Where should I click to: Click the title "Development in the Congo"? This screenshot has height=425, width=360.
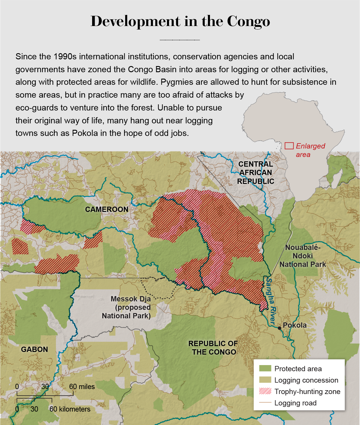pos(180,21)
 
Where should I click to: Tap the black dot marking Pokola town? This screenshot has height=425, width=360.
pos(280,328)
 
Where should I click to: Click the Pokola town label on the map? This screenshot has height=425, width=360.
pos(295,325)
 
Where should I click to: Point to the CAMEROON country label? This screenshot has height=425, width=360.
pos(107,209)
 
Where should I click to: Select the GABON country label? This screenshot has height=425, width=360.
pos(35,349)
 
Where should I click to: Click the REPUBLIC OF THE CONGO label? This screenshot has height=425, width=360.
pos(213,348)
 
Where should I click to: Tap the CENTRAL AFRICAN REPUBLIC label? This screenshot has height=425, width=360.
pos(256,173)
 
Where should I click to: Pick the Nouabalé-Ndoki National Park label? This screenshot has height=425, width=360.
pos(303,256)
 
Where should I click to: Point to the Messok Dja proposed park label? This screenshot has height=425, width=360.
pos(126,307)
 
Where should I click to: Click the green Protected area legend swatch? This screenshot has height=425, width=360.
pos(265,369)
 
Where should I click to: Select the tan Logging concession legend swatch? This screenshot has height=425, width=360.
pos(265,380)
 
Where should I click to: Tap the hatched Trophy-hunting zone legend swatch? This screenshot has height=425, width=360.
pos(265,391)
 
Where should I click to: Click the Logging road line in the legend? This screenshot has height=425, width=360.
pos(265,403)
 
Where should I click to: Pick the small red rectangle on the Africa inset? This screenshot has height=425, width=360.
pos(289,146)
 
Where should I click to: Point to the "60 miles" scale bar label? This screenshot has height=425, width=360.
pos(82,387)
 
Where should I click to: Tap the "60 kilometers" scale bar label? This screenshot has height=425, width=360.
pos(70,409)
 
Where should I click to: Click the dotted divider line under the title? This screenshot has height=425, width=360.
pos(180,40)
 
